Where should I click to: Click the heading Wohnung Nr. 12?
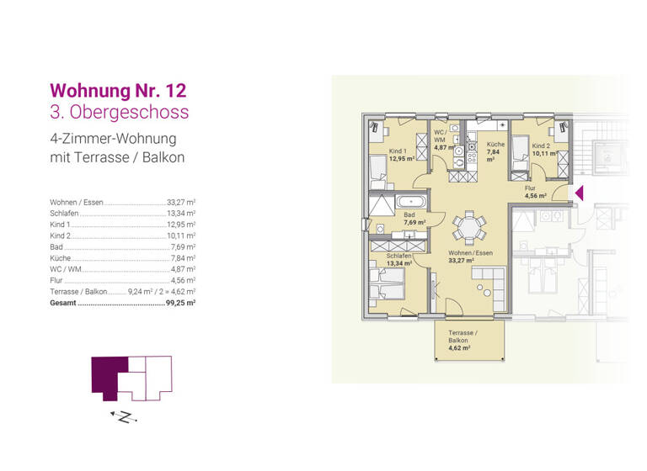[118, 90]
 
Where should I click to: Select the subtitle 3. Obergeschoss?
[120, 112]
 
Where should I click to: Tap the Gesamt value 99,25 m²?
[180, 302]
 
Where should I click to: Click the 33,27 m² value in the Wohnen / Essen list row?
[180, 203]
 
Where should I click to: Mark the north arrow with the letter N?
[122, 416]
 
